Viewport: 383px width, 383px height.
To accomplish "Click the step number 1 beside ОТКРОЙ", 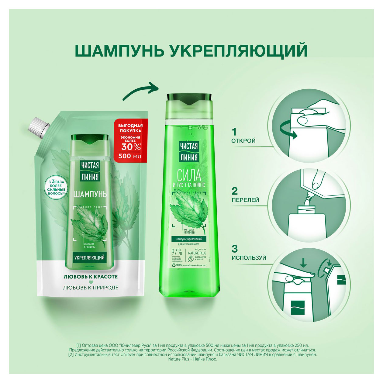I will pyautogui.click(x=234, y=132).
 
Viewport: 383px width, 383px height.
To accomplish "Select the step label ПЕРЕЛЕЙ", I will pyautogui.click(x=245, y=200).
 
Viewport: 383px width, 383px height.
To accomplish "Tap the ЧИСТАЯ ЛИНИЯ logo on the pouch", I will pyautogui.click(x=90, y=171).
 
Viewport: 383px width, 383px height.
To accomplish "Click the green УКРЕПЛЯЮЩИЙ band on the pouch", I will pyautogui.click(x=90, y=257).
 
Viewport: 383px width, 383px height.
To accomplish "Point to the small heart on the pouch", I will pyautogui.click(x=90, y=282).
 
